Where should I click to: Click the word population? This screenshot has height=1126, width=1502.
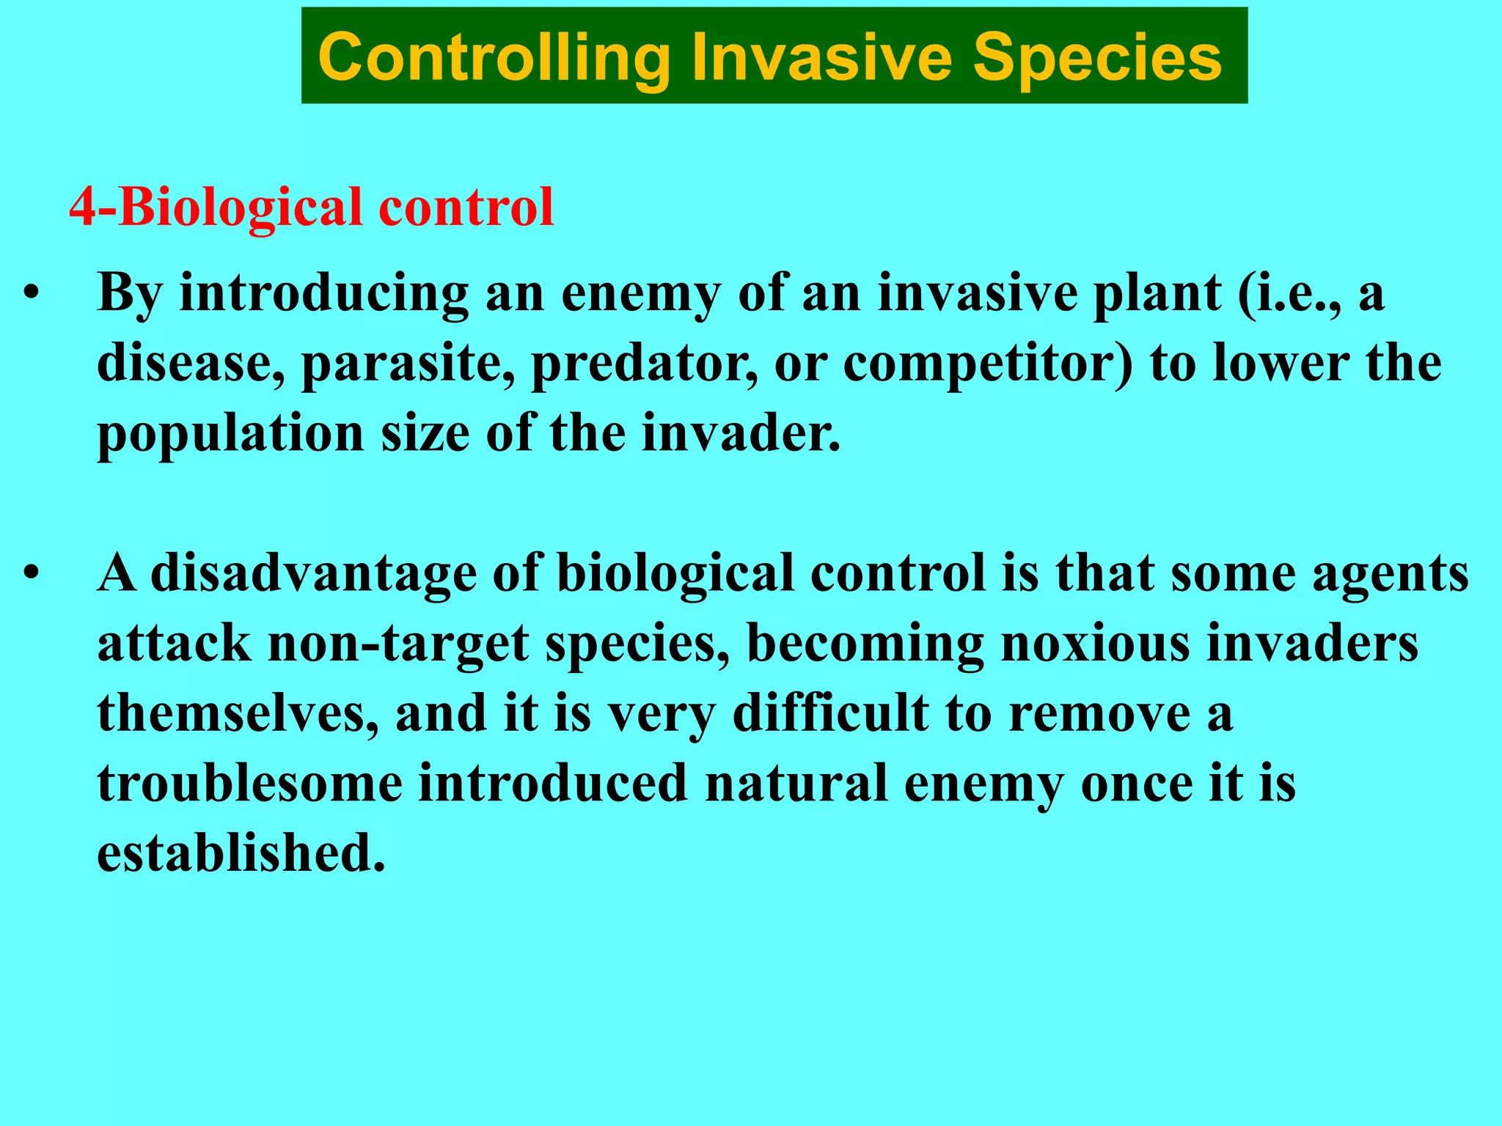pos(231,435)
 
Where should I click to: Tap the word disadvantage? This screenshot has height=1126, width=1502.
pos(314,574)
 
